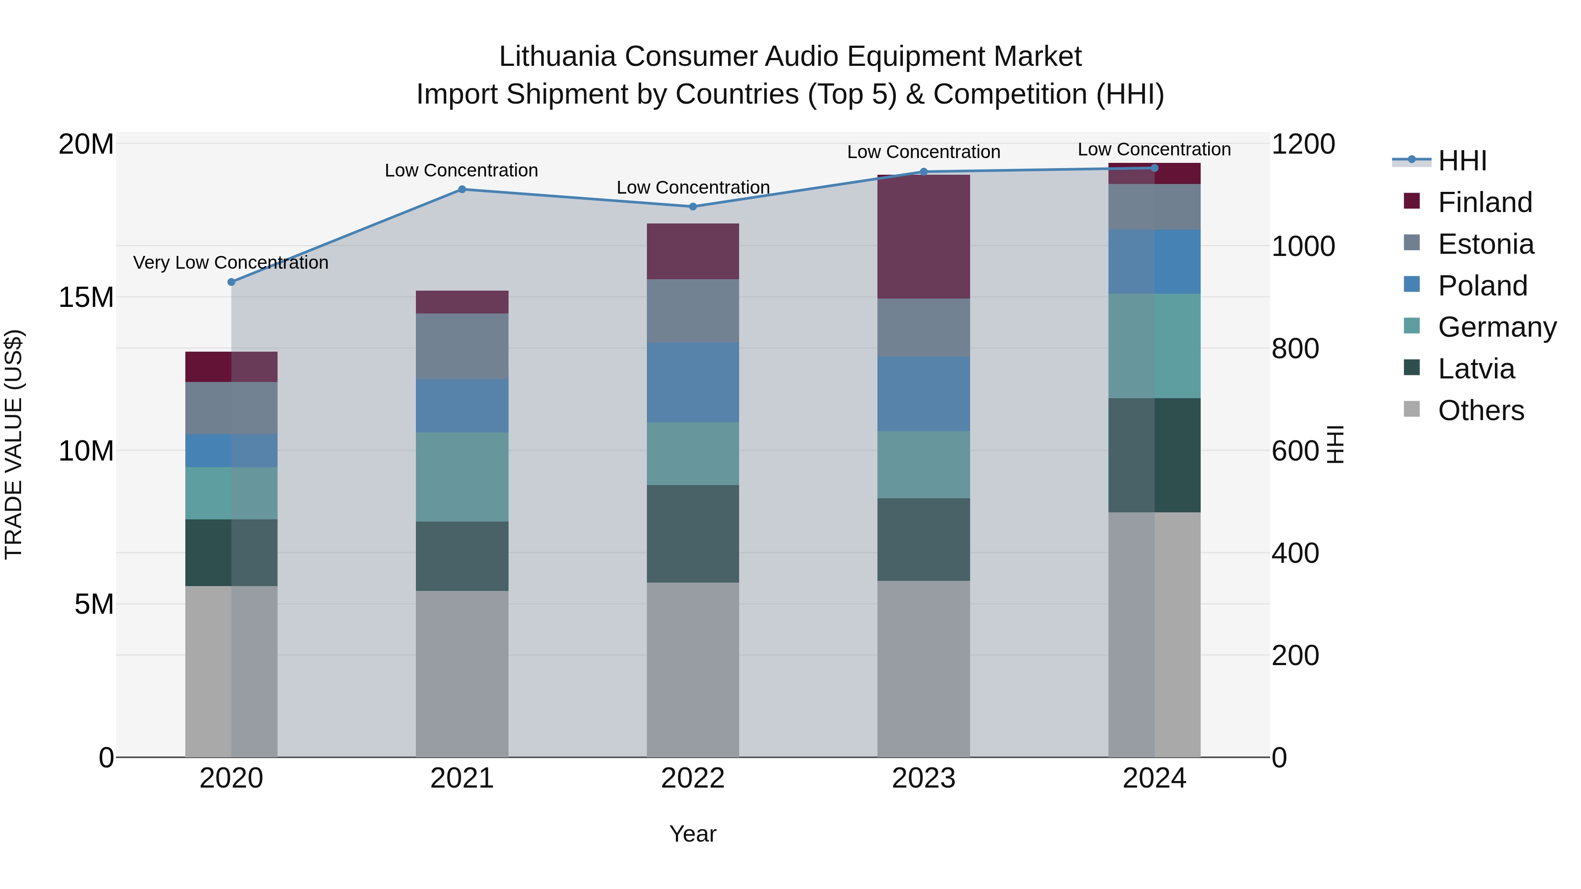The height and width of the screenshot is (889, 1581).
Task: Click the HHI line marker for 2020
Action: tap(231, 282)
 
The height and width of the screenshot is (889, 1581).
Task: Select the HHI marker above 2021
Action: tap(462, 190)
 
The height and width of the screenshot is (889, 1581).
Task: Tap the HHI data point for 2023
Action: tap(924, 172)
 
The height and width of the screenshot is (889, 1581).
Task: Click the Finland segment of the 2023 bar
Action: tap(924, 237)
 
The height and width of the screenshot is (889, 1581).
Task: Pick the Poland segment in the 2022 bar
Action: tap(693, 382)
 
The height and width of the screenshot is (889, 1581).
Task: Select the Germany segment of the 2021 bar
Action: tap(462, 477)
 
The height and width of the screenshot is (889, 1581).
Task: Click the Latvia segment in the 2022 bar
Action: tap(693, 534)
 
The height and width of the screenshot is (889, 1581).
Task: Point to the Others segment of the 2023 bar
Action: tap(924, 669)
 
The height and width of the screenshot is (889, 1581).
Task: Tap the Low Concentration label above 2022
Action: tap(693, 188)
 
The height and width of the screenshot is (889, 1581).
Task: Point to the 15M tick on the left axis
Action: tap(86, 298)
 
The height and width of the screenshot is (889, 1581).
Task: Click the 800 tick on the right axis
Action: tap(1295, 349)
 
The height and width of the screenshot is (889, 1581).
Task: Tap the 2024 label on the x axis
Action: tap(1154, 778)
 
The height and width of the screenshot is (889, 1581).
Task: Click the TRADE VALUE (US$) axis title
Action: tap(14, 444)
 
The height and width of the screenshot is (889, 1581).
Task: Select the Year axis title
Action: tap(693, 834)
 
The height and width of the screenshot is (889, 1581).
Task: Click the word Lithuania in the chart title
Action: tap(557, 57)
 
